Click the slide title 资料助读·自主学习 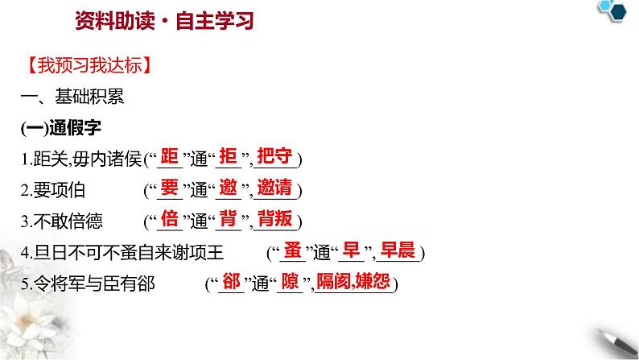158,21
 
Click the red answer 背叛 277,218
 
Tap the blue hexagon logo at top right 616,11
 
